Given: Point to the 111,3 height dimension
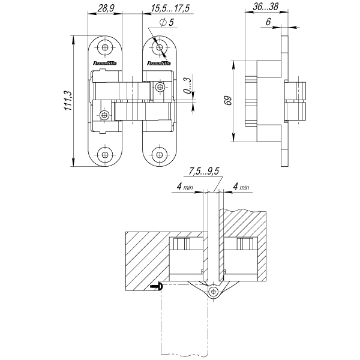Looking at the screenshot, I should click(68, 100).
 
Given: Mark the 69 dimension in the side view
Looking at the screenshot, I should click(227, 100).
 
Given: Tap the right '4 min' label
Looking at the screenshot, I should click(240, 187).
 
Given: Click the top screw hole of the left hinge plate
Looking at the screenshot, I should click(106, 47).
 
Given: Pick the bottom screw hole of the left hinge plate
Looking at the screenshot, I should click(106, 154).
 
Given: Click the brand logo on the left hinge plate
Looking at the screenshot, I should click(105, 62).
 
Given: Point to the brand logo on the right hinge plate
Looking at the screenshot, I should click(158, 62).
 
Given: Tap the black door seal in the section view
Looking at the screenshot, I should click(158, 287).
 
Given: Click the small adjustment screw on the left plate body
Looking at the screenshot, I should click(105, 114).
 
